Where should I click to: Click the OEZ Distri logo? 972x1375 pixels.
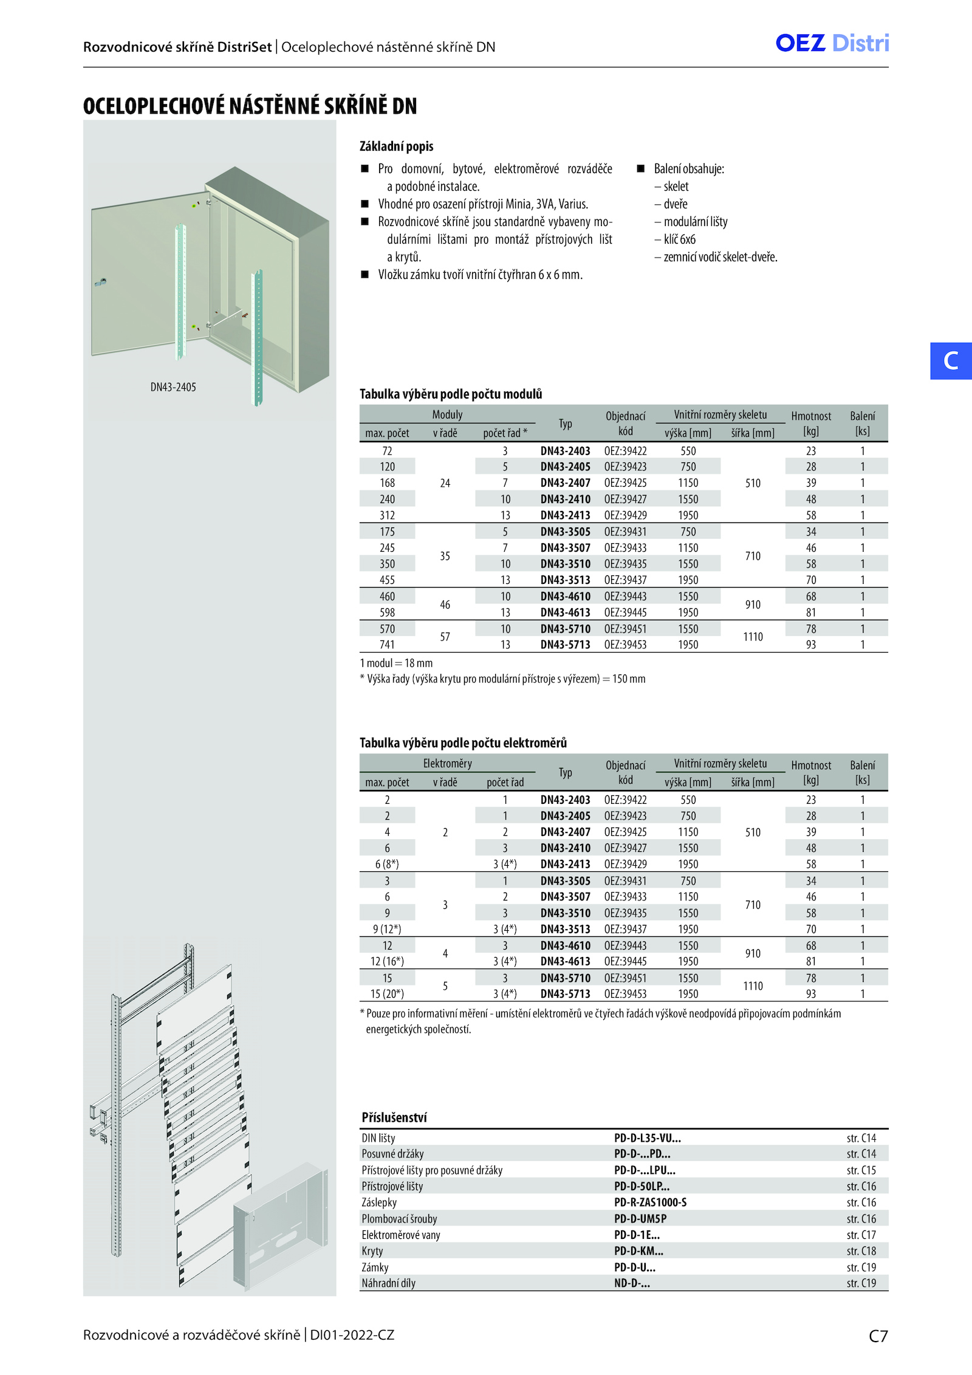pos(832,43)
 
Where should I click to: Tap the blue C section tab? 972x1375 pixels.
pos(951,361)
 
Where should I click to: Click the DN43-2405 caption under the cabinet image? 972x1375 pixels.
pos(173,387)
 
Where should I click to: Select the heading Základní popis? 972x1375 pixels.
pos(396,146)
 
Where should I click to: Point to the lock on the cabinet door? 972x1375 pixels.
pos(101,283)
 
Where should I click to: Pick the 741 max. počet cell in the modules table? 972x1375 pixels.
pos(387,645)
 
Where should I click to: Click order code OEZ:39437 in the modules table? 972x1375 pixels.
pos(625,580)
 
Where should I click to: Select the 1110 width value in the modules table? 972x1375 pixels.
pos(753,637)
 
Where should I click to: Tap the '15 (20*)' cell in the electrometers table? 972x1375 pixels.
pos(387,994)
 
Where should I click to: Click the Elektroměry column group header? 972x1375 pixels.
pos(447,764)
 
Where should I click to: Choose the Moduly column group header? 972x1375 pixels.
pos(447,415)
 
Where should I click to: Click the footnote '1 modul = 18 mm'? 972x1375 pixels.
pos(396,663)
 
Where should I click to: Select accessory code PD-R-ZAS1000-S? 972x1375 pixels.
pos(650,1202)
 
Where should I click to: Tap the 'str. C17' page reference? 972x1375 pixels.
pos(861,1235)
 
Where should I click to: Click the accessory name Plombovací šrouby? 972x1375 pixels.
pos(399,1219)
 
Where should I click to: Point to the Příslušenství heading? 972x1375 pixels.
pos(394,1117)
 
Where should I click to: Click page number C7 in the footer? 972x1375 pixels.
pos(878,1336)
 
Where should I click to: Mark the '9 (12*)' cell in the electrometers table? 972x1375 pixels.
pos(387,929)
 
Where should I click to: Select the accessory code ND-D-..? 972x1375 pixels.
pos(632,1283)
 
